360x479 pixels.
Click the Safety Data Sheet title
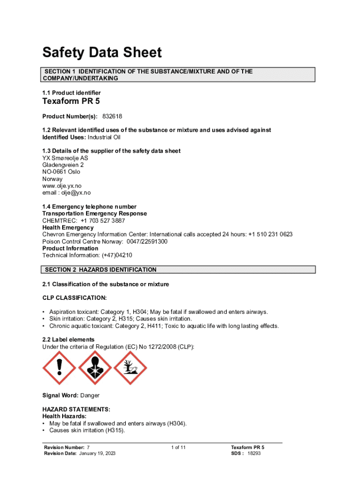(x=102, y=52)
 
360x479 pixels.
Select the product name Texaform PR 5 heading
(x=71, y=101)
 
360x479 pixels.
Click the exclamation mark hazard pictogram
(x=59, y=368)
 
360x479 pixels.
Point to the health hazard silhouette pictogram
(x=94, y=368)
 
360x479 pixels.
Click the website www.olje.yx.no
(x=62, y=186)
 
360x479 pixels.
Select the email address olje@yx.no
(x=75, y=193)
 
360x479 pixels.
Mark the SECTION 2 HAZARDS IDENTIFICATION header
(x=101, y=270)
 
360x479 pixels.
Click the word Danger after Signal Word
(x=90, y=395)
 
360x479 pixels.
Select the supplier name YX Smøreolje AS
(x=65, y=158)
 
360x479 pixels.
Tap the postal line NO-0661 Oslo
(x=61, y=172)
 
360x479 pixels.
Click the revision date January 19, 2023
(x=97, y=454)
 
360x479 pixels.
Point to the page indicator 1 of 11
(x=179, y=448)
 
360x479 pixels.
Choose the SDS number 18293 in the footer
(x=254, y=454)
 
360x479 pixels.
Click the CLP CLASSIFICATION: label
(x=74, y=298)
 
